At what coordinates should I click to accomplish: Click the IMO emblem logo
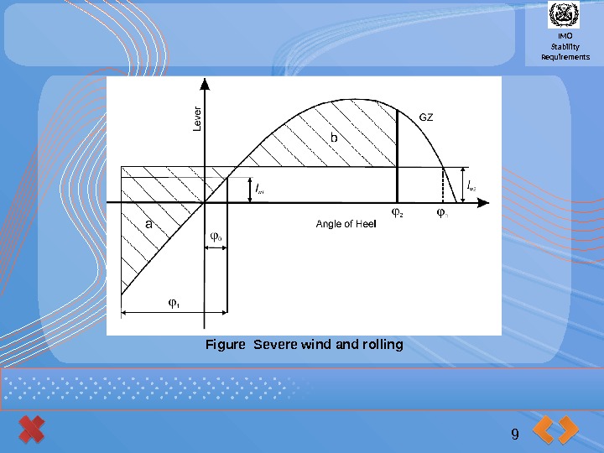click(564, 16)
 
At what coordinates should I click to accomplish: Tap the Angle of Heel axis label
click(346, 224)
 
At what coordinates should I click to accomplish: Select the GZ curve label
click(426, 117)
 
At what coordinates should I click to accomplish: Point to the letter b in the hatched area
click(333, 136)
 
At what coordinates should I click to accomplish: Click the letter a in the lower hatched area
click(149, 224)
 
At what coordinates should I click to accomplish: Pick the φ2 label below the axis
click(397, 213)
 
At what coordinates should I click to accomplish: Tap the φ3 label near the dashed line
click(442, 213)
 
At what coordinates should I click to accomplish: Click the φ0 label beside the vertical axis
click(216, 237)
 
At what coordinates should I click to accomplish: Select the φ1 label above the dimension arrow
click(174, 303)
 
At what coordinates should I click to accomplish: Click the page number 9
click(514, 433)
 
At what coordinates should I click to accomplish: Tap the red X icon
click(31, 430)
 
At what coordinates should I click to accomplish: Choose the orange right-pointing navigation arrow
click(568, 430)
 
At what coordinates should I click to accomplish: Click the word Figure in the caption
click(226, 345)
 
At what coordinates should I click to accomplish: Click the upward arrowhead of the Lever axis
click(205, 84)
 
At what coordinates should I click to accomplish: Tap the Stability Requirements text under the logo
click(565, 52)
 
